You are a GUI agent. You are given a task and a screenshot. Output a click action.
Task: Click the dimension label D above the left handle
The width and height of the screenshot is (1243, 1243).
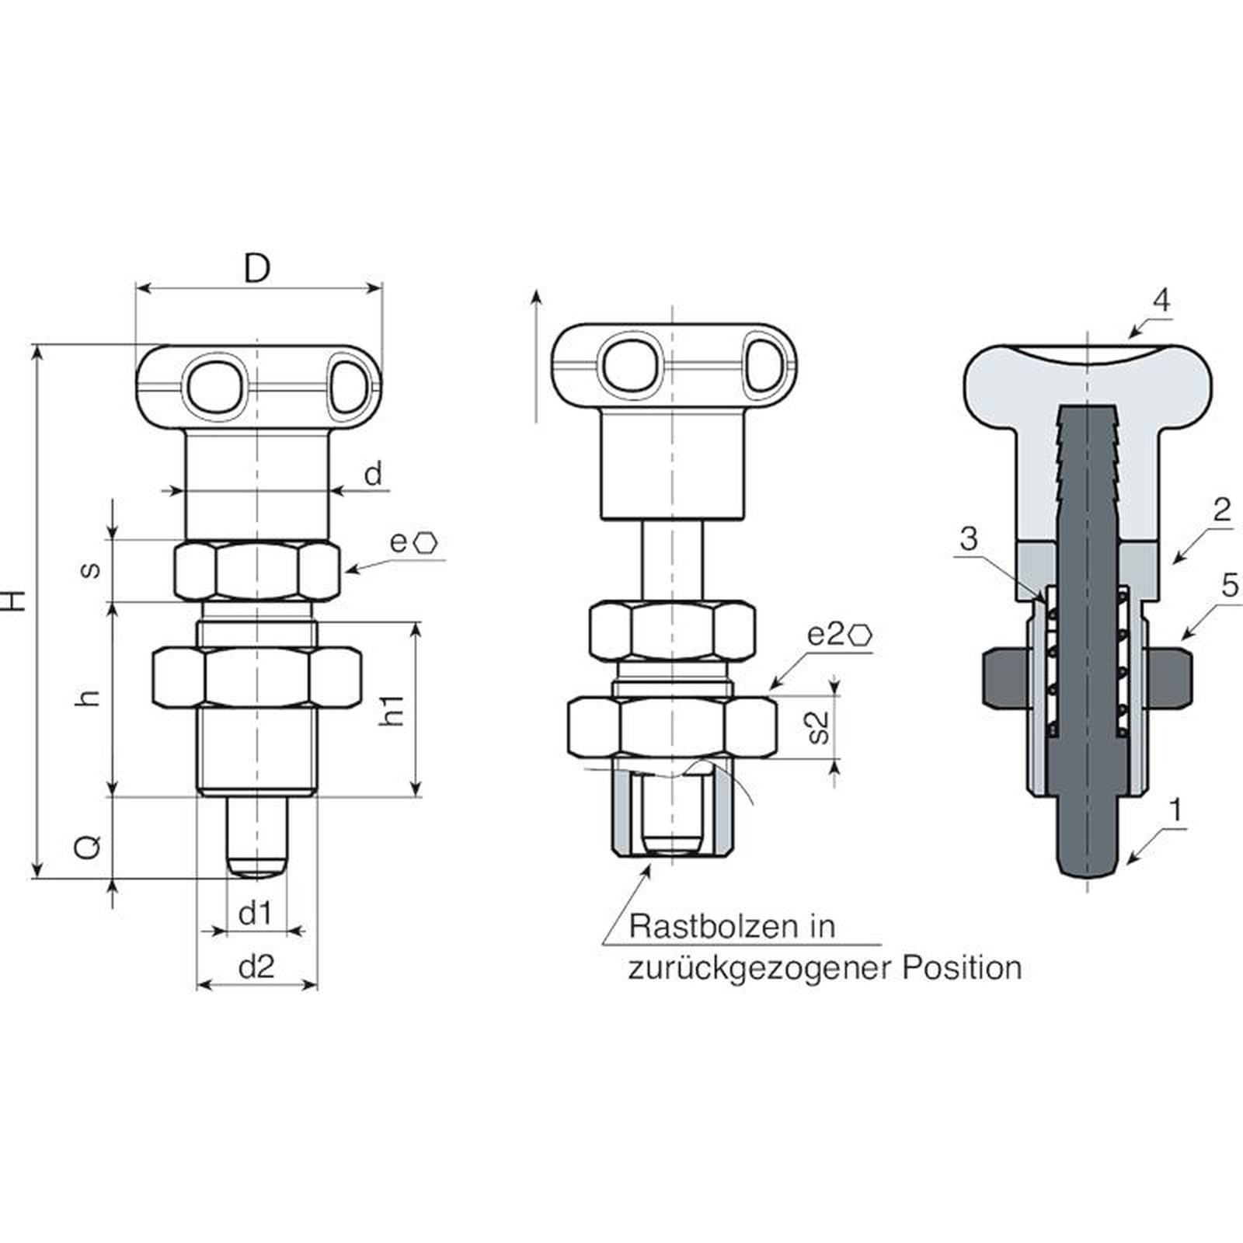(x=256, y=268)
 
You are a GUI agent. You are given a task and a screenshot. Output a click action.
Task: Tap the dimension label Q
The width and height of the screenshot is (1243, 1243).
(x=88, y=846)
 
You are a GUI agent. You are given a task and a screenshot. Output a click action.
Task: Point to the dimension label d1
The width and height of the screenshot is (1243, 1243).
(x=255, y=914)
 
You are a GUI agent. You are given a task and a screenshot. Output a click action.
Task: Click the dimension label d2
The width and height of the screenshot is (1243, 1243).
(x=256, y=967)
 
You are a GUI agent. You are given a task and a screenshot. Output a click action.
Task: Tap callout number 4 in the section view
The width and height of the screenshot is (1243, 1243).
(x=1161, y=300)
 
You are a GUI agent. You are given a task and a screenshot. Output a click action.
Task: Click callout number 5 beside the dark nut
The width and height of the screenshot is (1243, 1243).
(x=1229, y=586)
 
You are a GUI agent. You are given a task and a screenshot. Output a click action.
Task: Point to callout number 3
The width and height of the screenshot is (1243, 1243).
(x=968, y=538)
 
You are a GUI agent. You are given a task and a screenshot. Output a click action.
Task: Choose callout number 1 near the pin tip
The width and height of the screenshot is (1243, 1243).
(x=1175, y=810)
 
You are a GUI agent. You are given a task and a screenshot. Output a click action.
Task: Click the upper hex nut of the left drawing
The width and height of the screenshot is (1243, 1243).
(x=257, y=571)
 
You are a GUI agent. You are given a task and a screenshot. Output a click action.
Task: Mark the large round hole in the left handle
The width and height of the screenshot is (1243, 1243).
(x=214, y=384)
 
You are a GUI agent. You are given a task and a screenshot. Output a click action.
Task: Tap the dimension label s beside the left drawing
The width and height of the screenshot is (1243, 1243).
(x=91, y=569)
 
